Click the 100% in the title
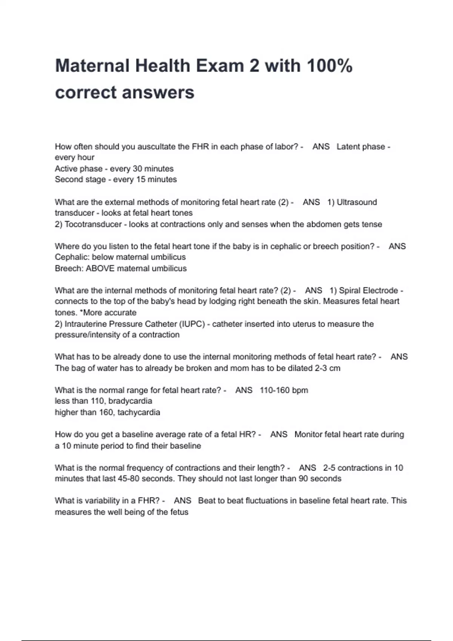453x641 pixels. click(330, 66)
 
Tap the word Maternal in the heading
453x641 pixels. click(92, 66)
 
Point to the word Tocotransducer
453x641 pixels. click(93, 224)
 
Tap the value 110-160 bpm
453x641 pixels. click(284, 390)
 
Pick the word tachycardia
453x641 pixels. click(139, 412)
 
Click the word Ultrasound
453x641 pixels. click(356, 202)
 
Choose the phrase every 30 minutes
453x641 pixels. click(142, 169)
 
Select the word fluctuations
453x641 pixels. click(269, 501)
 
